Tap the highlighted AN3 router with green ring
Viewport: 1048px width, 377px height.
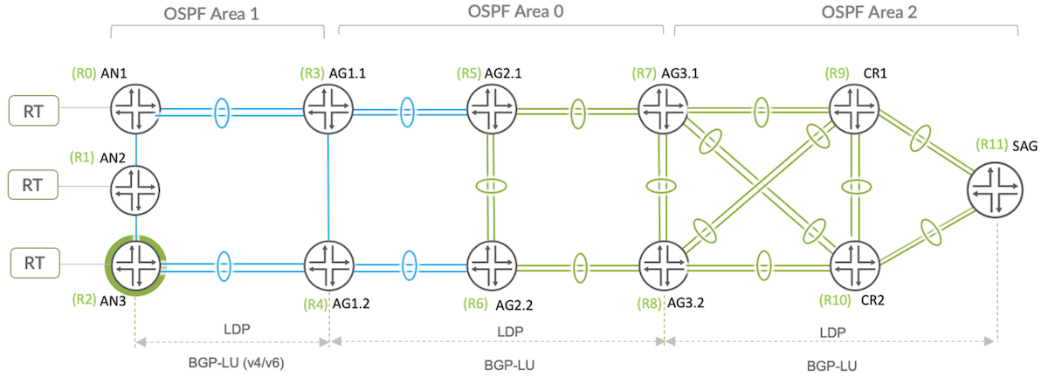tap(135, 260)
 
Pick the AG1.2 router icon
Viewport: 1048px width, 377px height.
tap(328, 262)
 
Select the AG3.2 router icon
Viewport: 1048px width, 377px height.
tap(665, 262)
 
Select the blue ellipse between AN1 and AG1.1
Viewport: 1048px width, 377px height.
tap(222, 111)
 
